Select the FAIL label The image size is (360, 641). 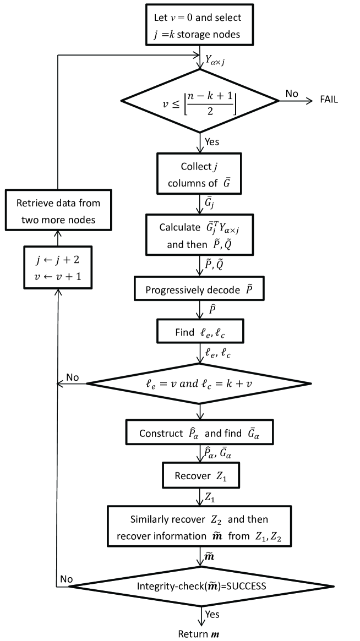(329, 100)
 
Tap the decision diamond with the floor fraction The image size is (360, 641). (199, 100)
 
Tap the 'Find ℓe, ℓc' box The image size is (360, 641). (199, 332)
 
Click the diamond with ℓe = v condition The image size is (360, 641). (199, 383)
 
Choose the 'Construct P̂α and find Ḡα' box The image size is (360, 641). (199, 433)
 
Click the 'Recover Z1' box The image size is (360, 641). (199, 475)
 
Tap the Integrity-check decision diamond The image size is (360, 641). (200, 586)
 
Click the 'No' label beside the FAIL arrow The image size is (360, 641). (292, 94)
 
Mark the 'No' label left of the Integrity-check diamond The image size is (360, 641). (66, 579)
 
